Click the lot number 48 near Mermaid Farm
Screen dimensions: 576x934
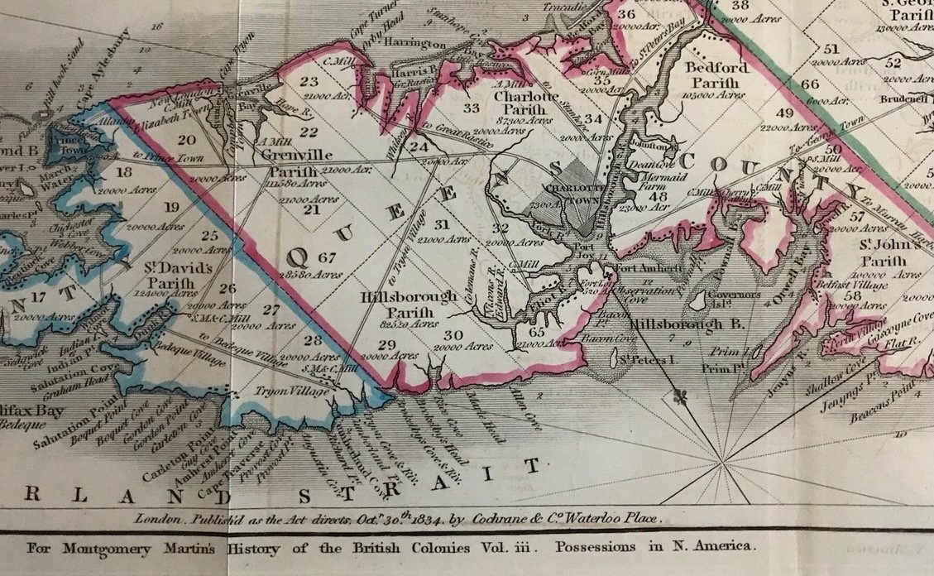tap(658, 197)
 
